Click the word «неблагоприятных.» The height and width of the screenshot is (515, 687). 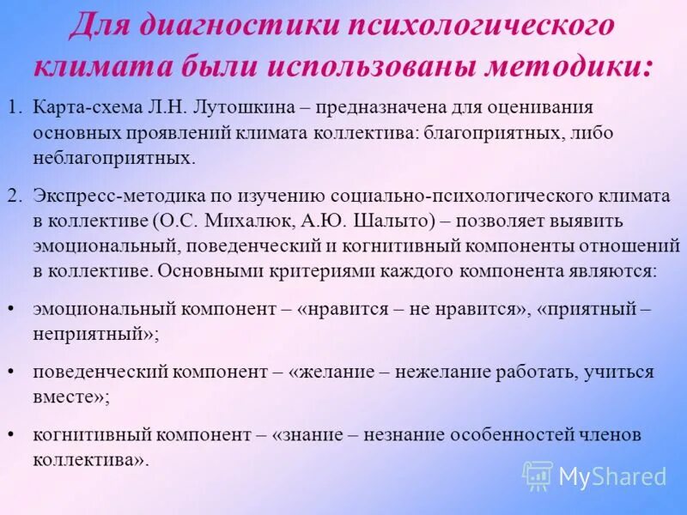pyautogui.click(x=114, y=158)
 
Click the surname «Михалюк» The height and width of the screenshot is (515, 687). pyautogui.click(x=250, y=221)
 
